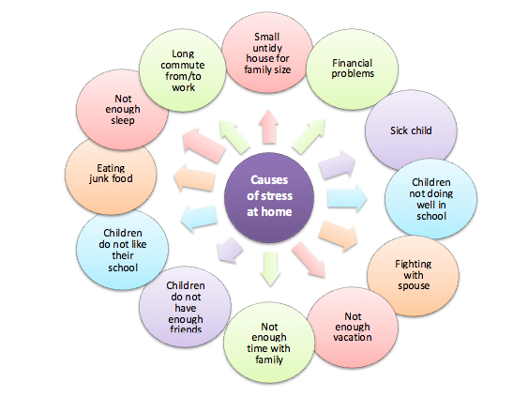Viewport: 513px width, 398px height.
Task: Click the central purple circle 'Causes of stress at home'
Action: click(269, 197)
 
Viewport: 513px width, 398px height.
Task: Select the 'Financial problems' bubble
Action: click(353, 69)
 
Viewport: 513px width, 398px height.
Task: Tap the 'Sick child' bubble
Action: click(411, 130)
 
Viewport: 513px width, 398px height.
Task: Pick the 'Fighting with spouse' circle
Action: click(413, 275)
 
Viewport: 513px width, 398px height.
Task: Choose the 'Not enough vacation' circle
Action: click(353, 328)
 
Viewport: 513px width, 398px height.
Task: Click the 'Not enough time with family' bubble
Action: click(269, 343)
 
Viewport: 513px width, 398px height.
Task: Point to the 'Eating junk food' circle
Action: click(111, 175)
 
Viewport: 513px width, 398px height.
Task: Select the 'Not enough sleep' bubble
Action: click(122, 110)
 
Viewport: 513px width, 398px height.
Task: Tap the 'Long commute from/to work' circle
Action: click(183, 70)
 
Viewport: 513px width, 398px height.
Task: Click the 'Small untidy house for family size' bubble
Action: click(267, 53)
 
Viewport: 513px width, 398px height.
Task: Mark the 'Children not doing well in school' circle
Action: click(430, 198)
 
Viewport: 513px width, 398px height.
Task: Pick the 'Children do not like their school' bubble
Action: click(122, 250)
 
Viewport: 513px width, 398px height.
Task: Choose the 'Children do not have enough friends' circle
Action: click(185, 307)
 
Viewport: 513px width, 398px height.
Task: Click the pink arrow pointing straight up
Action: click(268, 127)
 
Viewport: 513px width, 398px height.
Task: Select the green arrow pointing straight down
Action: click(270, 268)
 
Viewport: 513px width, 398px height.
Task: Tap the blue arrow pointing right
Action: click(347, 198)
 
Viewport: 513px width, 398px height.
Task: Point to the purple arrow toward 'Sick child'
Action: click(337, 164)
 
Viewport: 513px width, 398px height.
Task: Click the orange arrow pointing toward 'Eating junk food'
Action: click(194, 177)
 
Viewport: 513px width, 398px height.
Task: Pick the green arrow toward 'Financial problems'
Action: click(309, 136)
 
